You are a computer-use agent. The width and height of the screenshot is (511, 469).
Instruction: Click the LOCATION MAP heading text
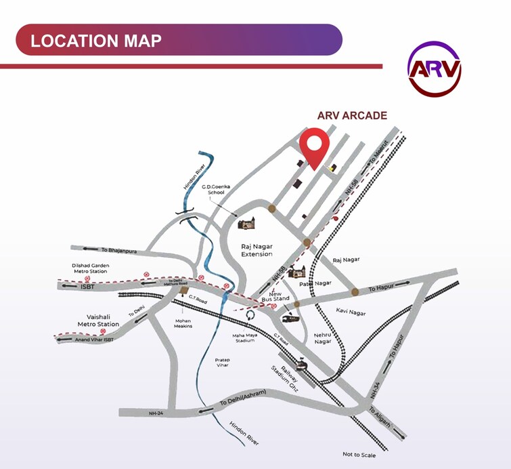pos(96,40)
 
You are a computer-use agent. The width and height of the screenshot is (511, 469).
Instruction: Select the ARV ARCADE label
pos(352,115)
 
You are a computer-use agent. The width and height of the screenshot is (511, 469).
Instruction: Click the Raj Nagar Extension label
pos(257,250)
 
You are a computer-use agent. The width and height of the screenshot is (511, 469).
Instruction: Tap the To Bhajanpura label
pos(118,251)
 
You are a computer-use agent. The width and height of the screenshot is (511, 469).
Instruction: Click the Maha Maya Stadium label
pos(244,337)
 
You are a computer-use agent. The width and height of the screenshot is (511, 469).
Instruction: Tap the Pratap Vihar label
pos(222,362)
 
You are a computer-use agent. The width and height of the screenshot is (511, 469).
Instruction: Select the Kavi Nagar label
pos(350,311)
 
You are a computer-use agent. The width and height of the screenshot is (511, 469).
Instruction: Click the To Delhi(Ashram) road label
pos(244,399)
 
